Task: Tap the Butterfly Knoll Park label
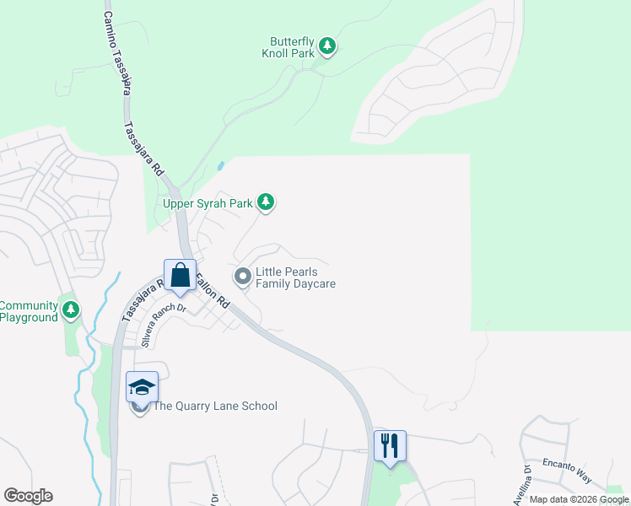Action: click(292, 46)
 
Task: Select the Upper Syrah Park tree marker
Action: click(267, 202)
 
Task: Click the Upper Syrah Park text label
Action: click(208, 202)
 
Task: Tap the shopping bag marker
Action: click(180, 274)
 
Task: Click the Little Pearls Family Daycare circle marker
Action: click(243, 276)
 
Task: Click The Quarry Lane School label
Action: click(214, 406)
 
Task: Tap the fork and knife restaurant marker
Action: click(390, 444)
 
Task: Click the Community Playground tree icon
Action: click(71, 310)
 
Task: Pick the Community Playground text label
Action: click(29, 311)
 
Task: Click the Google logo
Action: click(28, 496)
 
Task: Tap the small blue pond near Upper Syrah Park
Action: click(221, 166)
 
